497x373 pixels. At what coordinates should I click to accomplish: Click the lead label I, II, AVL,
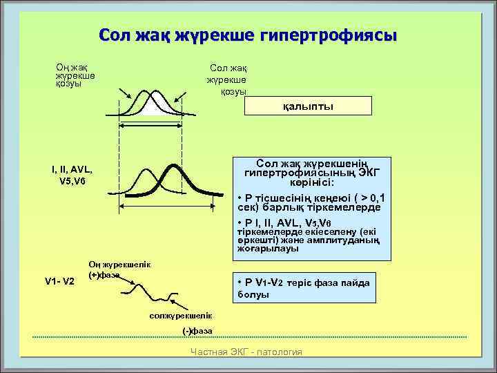[71, 170]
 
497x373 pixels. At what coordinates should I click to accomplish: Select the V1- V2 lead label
[59, 281]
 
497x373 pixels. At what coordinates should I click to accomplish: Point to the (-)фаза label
[197, 330]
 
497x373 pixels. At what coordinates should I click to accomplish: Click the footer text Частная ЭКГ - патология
[246, 352]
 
